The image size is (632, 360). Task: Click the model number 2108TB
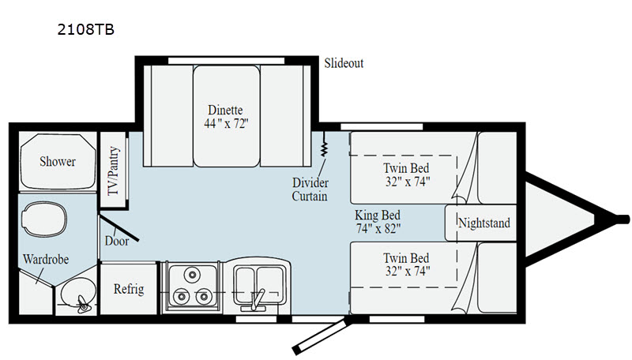[x=86, y=29]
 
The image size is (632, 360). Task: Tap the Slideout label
[x=344, y=63]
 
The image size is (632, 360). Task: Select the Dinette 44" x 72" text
[x=226, y=117]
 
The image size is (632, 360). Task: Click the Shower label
[x=58, y=162]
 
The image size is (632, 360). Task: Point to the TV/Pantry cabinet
[x=114, y=171]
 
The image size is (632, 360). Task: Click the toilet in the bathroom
[x=44, y=219]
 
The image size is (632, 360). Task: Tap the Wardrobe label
[x=46, y=259]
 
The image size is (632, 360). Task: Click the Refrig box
[x=129, y=288]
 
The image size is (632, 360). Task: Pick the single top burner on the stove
[x=192, y=275]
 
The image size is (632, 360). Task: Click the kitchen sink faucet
[x=256, y=300]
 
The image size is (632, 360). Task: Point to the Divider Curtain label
[x=310, y=189]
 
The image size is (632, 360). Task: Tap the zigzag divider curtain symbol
[x=324, y=144]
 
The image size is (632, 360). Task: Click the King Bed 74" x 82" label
[x=378, y=222]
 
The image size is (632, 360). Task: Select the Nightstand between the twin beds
[x=481, y=223]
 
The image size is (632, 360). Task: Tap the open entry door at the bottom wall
[x=322, y=336]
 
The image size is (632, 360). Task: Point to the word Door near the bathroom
[x=117, y=241]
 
